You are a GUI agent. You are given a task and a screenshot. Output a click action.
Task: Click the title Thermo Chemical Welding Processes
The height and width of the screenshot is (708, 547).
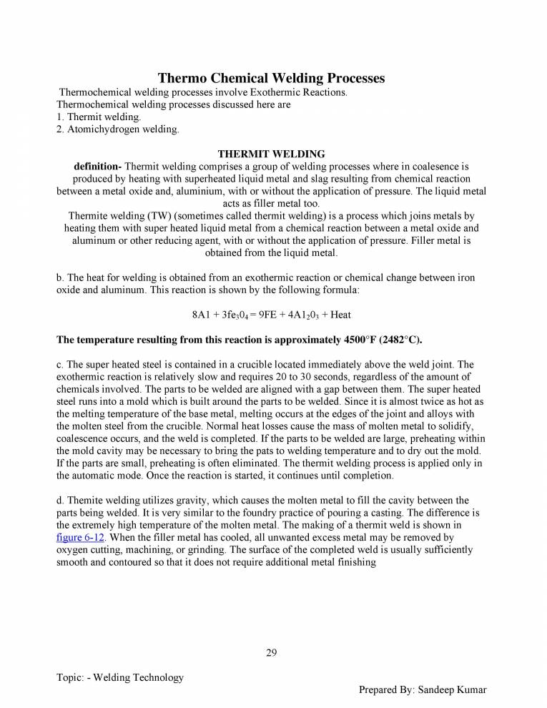(x=271, y=77)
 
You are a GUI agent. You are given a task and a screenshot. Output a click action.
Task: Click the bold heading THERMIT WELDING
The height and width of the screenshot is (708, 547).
(x=271, y=154)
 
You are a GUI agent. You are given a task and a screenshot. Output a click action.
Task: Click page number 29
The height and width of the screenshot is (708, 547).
(x=271, y=652)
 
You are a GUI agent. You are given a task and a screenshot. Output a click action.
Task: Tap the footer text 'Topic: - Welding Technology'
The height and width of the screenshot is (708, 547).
(x=120, y=677)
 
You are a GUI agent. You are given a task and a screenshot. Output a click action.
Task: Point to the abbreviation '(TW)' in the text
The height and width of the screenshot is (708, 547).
(x=162, y=216)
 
